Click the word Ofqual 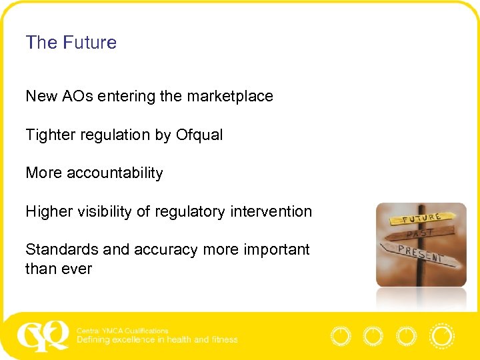point(199,135)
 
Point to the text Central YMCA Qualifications point(123,331)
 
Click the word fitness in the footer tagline point(223,339)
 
